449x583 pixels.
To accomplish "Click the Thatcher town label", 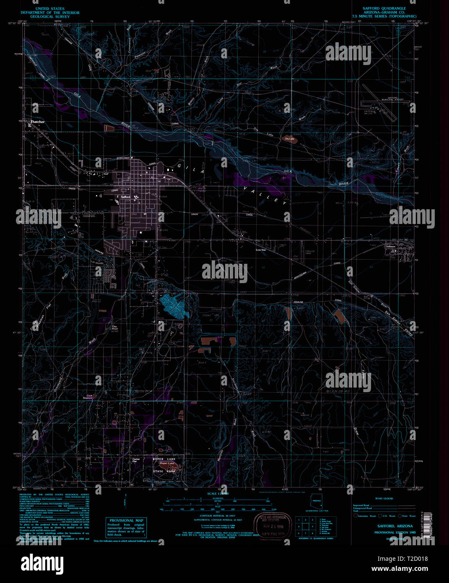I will (x=37, y=122).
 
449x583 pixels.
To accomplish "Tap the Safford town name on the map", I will (x=125, y=197).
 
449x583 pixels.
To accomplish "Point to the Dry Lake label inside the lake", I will (x=289, y=138).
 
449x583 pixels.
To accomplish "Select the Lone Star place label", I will (x=261, y=250).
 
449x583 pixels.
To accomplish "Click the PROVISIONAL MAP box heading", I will (x=126, y=521).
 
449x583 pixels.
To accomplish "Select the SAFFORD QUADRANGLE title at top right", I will (x=384, y=8).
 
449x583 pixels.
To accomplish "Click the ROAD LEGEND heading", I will (x=384, y=499).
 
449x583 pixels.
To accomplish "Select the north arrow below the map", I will (x=125, y=502).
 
